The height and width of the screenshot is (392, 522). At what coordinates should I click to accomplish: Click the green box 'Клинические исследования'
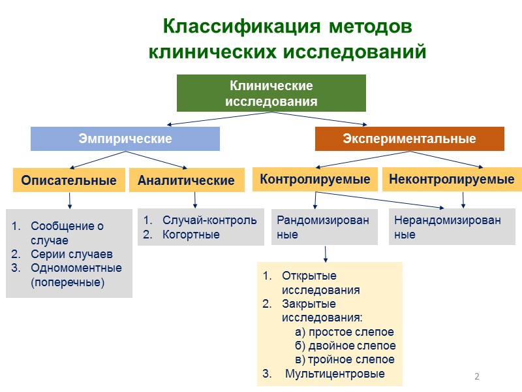click(x=271, y=93)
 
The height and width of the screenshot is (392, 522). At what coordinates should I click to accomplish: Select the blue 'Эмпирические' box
click(x=125, y=139)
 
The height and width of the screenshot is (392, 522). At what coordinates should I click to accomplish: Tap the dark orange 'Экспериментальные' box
click(x=409, y=139)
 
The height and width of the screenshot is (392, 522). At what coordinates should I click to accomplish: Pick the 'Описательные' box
click(x=69, y=180)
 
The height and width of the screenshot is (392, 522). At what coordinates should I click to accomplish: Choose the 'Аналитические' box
click(x=186, y=180)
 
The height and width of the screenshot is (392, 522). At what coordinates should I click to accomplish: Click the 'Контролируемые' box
click(x=315, y=179)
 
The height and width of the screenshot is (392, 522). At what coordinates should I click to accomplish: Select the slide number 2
click(x=476, y=377)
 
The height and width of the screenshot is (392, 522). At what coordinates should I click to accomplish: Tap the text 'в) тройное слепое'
click(x=345, y=359)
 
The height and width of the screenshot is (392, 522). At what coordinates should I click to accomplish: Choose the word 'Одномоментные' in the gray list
click(x=76, y=268)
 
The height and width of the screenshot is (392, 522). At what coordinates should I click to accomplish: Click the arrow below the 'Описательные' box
click(x=69, y=200)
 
